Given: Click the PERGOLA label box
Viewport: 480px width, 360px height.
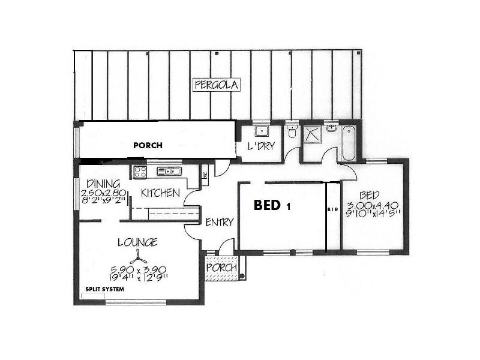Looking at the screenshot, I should point(217,85).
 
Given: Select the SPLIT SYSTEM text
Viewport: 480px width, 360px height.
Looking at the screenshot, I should point(104,289).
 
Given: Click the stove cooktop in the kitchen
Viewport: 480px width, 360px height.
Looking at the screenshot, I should point(140,172).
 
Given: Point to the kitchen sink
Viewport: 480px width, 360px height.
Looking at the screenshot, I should point(169,172).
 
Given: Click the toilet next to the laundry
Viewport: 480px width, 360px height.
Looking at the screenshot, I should point(292,131).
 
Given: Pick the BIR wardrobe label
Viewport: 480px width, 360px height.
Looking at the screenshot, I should point(333,211).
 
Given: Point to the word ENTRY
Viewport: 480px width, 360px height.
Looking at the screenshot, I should point(219,222).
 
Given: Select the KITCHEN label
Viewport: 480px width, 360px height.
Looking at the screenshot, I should point(160,193).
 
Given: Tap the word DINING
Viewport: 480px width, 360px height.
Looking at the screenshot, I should point(103,184).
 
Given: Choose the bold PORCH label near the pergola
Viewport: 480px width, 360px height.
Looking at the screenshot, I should point(148,145).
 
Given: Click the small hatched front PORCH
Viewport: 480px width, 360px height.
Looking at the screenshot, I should point(221,268).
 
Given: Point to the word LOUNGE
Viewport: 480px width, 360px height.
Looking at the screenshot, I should point(137,242).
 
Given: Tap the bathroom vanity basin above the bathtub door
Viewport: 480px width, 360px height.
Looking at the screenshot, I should point(331,128).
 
